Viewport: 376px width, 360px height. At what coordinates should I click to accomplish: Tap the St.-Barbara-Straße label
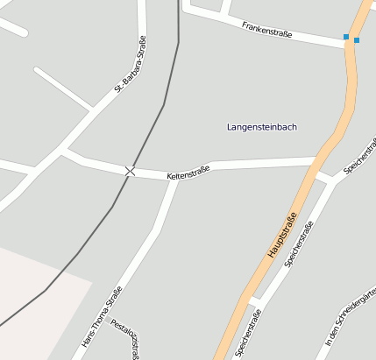[130, 64]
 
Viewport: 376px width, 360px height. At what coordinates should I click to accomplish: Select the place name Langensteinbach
[261, 127]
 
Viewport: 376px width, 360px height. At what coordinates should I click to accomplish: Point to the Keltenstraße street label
[188, 173]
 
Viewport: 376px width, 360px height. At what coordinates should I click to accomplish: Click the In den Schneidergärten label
[350, 320]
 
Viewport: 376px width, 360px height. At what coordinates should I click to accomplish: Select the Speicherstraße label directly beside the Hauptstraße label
[299, 247]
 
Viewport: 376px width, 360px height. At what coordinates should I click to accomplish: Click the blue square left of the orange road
[346, 37]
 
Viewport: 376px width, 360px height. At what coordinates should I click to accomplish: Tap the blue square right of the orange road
[357, 40]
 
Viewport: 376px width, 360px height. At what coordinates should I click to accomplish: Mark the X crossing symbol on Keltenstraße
[130, 171]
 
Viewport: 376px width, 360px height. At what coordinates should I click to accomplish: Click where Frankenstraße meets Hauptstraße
[350, 46]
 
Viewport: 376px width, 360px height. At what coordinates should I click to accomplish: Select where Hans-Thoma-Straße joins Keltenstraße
[174, 176]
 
